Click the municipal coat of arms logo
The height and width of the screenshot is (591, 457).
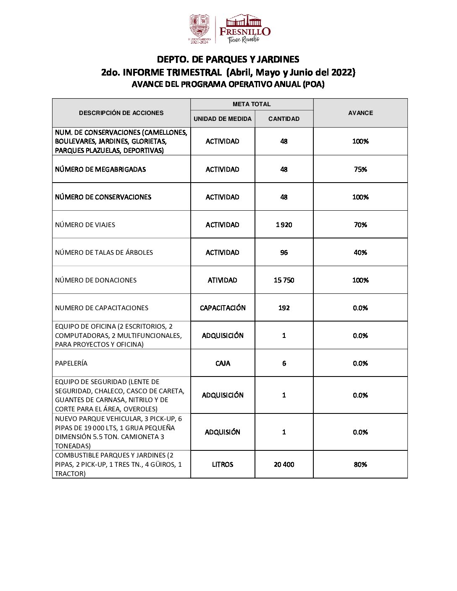[x=199, y=28]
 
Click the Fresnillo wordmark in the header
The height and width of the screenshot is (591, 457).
[x=245, y=31]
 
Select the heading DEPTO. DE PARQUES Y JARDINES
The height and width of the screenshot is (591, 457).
[x=228, y=59]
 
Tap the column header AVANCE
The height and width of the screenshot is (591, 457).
[x=360, y=113]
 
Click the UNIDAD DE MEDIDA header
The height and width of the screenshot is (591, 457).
[x=223, y=119]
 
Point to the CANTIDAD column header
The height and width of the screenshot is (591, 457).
[x=284, y=119]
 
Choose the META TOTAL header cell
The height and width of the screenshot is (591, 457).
[x=252, y=104]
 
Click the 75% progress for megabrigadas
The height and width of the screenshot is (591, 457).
[x=360, y=169]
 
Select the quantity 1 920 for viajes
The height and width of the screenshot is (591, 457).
[x=284, y=225]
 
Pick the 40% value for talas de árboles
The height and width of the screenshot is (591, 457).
[x=360, y=252]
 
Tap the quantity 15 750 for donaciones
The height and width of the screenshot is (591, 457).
[x=284, y=280]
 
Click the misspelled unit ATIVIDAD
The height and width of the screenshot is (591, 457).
[x=223, y=280]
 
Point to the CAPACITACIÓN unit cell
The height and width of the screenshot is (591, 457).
[x=223, y=308]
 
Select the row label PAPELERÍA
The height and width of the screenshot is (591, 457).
[x=71, y=363]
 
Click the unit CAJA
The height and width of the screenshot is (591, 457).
[x=223, y=363]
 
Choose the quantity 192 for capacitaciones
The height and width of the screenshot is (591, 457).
[x=284, y=308]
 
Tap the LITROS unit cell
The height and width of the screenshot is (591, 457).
[x=223, y=464]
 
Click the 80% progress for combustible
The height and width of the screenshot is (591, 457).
[x=360, y=464]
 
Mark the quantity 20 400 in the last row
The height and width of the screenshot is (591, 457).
[x=284, y=464]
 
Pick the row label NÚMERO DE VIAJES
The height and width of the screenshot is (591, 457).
[x=85, y=225]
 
